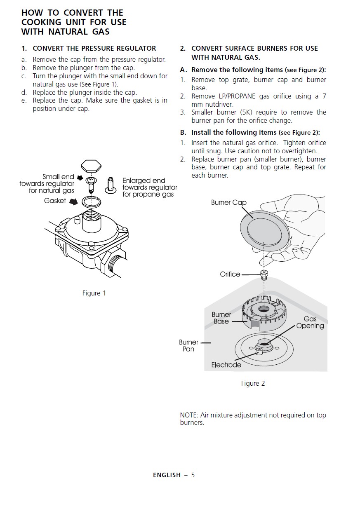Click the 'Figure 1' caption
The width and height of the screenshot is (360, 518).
tap(94, 293)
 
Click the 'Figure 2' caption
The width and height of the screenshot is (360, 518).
tap(253, 384)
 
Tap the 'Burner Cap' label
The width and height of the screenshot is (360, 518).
tap(228, 202)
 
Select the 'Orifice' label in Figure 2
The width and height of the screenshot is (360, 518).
tap(230, 274)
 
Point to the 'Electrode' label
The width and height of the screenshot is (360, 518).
tap(226, 365)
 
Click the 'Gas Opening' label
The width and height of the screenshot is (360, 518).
tap(310, 322)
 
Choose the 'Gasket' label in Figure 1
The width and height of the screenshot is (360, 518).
tap(55, 201)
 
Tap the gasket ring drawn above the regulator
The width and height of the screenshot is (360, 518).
tap(91, 202)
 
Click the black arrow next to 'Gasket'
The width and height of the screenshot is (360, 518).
tap(73, 202)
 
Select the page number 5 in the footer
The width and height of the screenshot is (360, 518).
tap(193, 475)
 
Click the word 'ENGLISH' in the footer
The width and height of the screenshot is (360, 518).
tap(167, 475)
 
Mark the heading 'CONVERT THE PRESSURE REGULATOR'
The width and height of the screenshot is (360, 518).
tap(94, 49)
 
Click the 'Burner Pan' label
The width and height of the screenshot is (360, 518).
tap(188, 346)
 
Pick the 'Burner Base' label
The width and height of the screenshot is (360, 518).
tap(221, 318)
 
